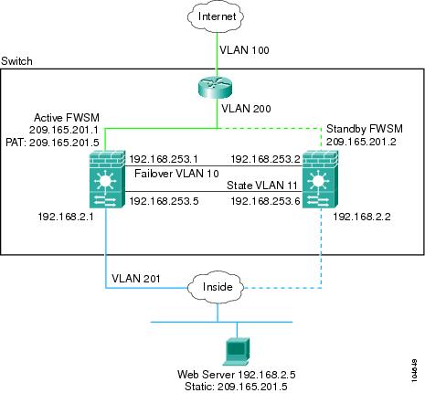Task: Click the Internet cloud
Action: point(217,16)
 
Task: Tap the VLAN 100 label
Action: point(244,50)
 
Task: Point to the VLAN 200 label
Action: point(246,109)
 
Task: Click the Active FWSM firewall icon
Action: point(107,179)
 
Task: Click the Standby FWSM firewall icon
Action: point(320,179)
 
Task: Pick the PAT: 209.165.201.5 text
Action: point(52,143)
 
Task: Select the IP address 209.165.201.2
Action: point(361,142)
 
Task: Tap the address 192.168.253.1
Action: point(164,159)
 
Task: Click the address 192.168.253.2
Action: point(265,159)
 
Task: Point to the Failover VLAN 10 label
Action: point(176,174)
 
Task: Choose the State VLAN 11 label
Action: point(262,186)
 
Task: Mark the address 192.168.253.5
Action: point(164,201)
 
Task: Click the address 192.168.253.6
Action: point(265,201)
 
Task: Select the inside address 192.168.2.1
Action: point(66,217)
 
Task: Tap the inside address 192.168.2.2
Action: point(362,217)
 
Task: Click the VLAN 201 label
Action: point(136,278)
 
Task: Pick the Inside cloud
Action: point(217,287)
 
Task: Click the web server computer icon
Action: point(237,352)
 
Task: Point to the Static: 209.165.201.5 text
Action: point(236,387)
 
